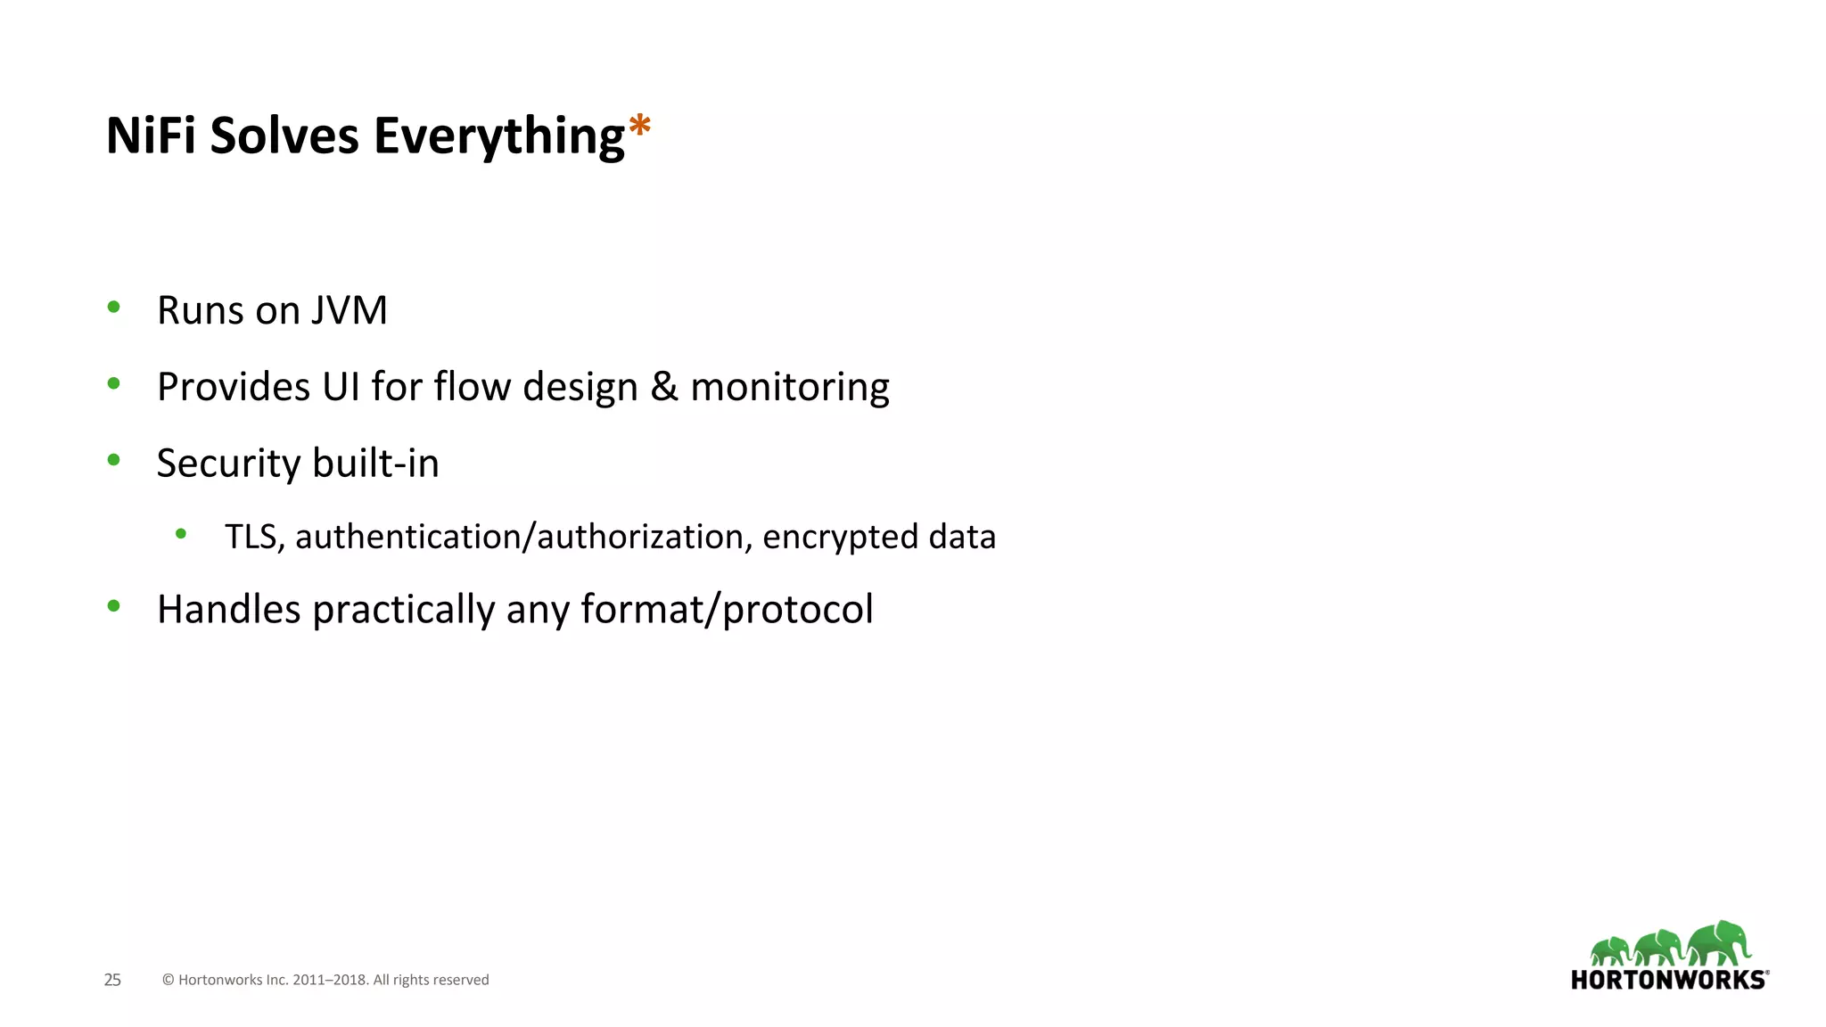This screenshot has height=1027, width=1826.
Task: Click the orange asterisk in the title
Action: tap(639, 126)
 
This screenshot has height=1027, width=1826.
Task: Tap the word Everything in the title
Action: tap(498, 137)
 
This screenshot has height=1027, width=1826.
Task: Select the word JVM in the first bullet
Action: tap(350, 310)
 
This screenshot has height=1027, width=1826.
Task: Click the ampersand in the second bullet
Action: tap(664, 387)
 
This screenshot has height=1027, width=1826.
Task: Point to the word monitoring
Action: tap(790, 389)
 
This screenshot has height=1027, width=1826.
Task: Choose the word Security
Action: tap(229, 464)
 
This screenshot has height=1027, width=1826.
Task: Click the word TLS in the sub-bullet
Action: tap(253, 537)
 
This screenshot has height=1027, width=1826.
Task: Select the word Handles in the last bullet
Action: tap(229, 610)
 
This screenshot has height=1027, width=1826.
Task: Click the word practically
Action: tap(404, 612)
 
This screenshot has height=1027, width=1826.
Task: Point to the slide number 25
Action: tap(112, 980)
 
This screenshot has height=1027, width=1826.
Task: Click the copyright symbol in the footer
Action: tap(168, 980)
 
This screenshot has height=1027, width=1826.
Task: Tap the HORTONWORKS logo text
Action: tap(1668, 980)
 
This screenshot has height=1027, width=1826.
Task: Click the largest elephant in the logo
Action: tap(1719, 943)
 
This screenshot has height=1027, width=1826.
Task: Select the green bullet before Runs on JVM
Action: tap(113, 308)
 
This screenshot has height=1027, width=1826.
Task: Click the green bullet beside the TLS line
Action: tap(181, 534)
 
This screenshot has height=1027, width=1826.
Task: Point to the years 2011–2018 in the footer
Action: tap(331, 980)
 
